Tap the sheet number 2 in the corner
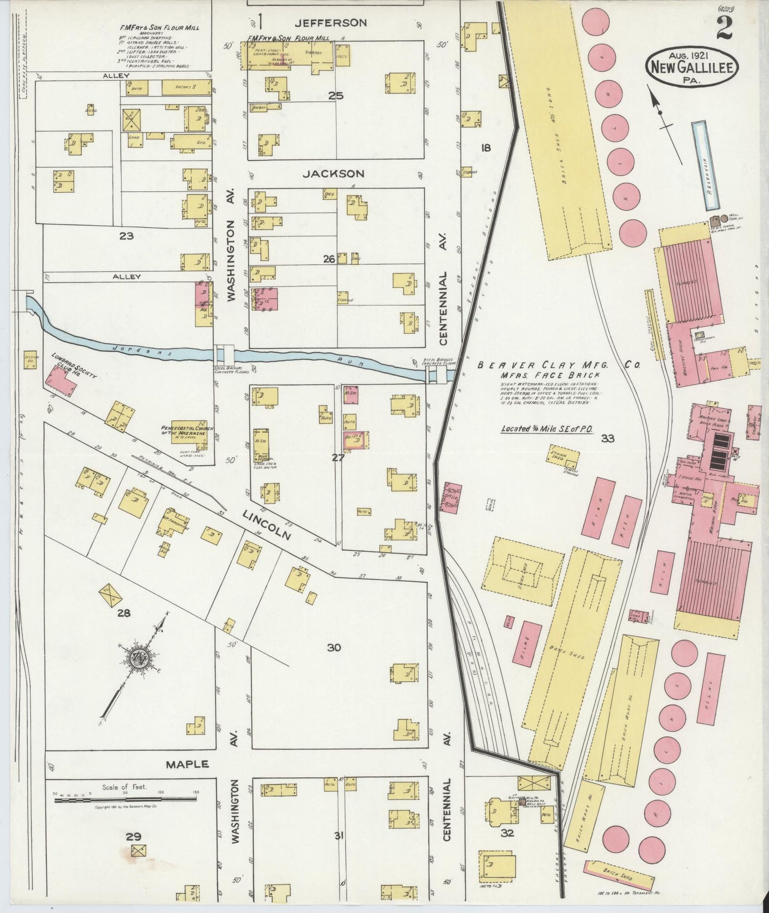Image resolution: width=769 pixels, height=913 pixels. [x=725, y=27]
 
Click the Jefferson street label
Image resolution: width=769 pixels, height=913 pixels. [x=332, y=22]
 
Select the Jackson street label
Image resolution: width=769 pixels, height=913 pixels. [x=334, y=174]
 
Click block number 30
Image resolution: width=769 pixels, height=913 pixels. [x=334, y=648]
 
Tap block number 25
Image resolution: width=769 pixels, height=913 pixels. [x=336, y=96]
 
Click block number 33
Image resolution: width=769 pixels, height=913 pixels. [x=608, y=438]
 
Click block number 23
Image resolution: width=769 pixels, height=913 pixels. [x=126, y=235]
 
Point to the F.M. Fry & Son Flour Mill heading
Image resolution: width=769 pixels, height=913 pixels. [x=160, y=28]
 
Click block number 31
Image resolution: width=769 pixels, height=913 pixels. [x=338, y=836]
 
